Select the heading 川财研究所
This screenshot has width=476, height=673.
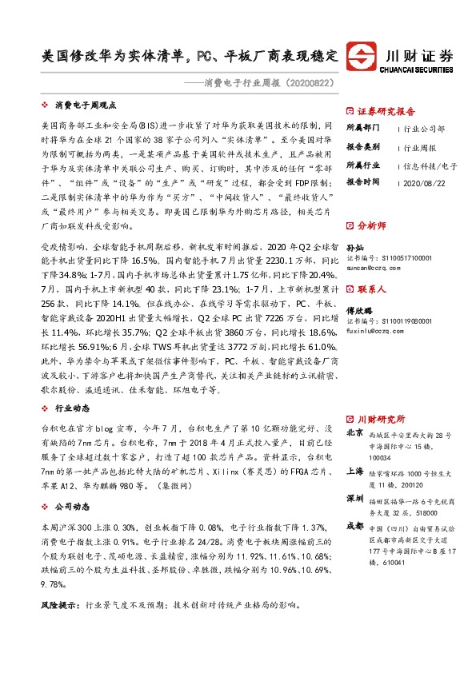[380, 419]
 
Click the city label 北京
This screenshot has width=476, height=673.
[354, 432]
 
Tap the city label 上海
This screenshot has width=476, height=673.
[354, 472]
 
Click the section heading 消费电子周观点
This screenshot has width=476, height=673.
[86, 105]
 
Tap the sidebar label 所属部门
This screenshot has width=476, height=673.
[364, 129]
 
